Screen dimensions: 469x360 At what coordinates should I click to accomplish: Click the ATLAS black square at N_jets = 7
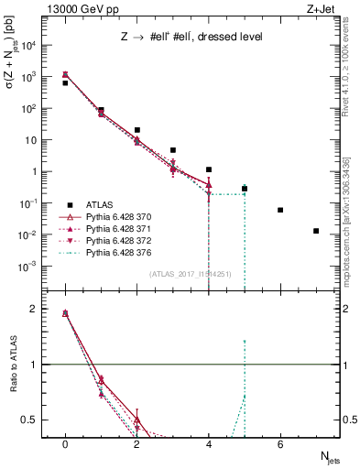point(316,231)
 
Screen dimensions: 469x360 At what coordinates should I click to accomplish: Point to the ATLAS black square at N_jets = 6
point(280,210)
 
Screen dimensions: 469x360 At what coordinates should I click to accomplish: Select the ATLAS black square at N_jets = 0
point(65,83)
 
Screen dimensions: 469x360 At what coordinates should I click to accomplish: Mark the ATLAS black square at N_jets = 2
point(136,130)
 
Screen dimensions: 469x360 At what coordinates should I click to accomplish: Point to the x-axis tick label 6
point(280,444)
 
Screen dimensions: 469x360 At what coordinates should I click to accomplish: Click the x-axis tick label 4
point(209,444)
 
